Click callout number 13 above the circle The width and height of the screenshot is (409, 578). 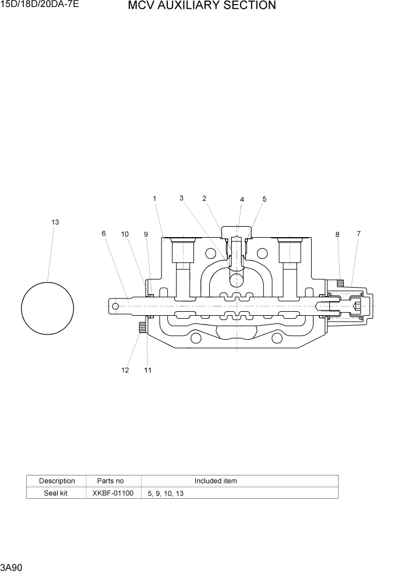coord(55,222)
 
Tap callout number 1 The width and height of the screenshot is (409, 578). coord(154,199)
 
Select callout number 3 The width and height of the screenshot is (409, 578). coord(182,198)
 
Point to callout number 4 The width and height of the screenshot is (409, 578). coord(242,199)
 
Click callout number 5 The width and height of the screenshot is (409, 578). coord(264,199)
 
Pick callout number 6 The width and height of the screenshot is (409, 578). coord(104,234)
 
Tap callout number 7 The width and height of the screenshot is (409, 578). coord(358,234)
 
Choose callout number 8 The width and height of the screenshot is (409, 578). coord(337,234)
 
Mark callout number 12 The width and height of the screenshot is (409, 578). coord(125,371)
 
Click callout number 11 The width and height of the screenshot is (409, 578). coord(147,371)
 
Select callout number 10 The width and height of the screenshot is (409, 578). coord(125,234)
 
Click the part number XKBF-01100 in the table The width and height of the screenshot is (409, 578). coord(113,493)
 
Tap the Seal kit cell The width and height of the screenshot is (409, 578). coord(57,493)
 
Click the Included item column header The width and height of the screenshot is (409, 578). coord(216,481)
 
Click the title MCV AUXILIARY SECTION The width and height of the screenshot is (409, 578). coord(202,6)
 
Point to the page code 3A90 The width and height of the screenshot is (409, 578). coord(12,567)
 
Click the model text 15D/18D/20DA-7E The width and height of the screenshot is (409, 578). coord(40,5)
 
